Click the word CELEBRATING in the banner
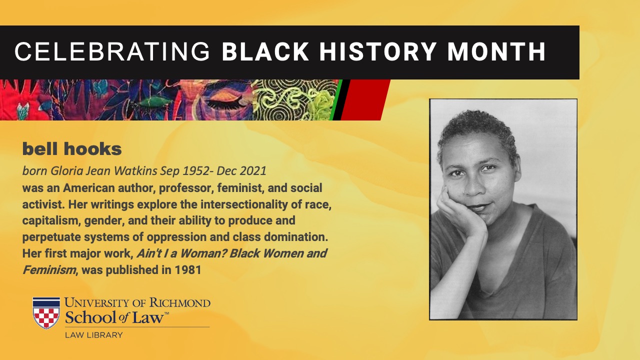(112, 51)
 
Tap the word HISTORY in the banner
(377, 51)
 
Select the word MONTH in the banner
(496, 51)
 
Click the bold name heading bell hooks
(72, 149)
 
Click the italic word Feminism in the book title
(49, 269)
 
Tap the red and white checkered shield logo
(46, 313)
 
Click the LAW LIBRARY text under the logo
(93, 335)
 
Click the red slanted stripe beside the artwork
(365, 99)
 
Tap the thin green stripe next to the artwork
(335, 99)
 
